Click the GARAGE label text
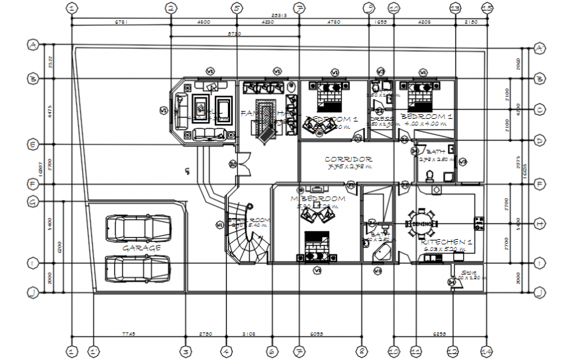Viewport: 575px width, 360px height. click(x=141, y=248)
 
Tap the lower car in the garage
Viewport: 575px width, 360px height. click(x=137, y=269)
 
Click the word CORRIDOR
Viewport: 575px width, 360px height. click(x=348, y=159)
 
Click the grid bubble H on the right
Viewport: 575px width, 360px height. click(x=539, y=223)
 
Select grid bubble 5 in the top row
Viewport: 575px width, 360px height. click(x=237, y=8)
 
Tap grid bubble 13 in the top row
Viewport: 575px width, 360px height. click(x=455, y=8)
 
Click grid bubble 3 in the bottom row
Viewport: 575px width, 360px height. click(x=186, y=351)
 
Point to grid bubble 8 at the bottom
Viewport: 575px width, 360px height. click(x=362, y=351)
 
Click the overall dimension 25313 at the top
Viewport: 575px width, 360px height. click(x=279, y=15)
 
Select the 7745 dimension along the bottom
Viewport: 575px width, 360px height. click(x=128, y=334)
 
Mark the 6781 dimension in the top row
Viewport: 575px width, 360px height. click(x=121, y=22)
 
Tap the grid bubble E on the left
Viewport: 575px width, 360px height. click(x=32, y=144)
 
